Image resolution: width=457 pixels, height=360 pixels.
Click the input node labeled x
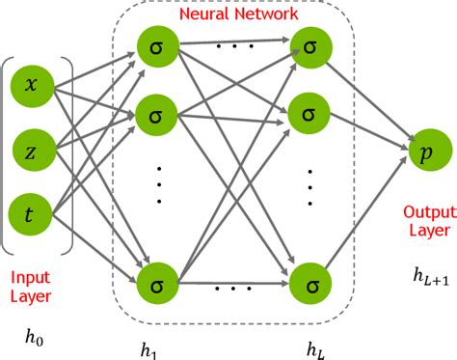[31, 85]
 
